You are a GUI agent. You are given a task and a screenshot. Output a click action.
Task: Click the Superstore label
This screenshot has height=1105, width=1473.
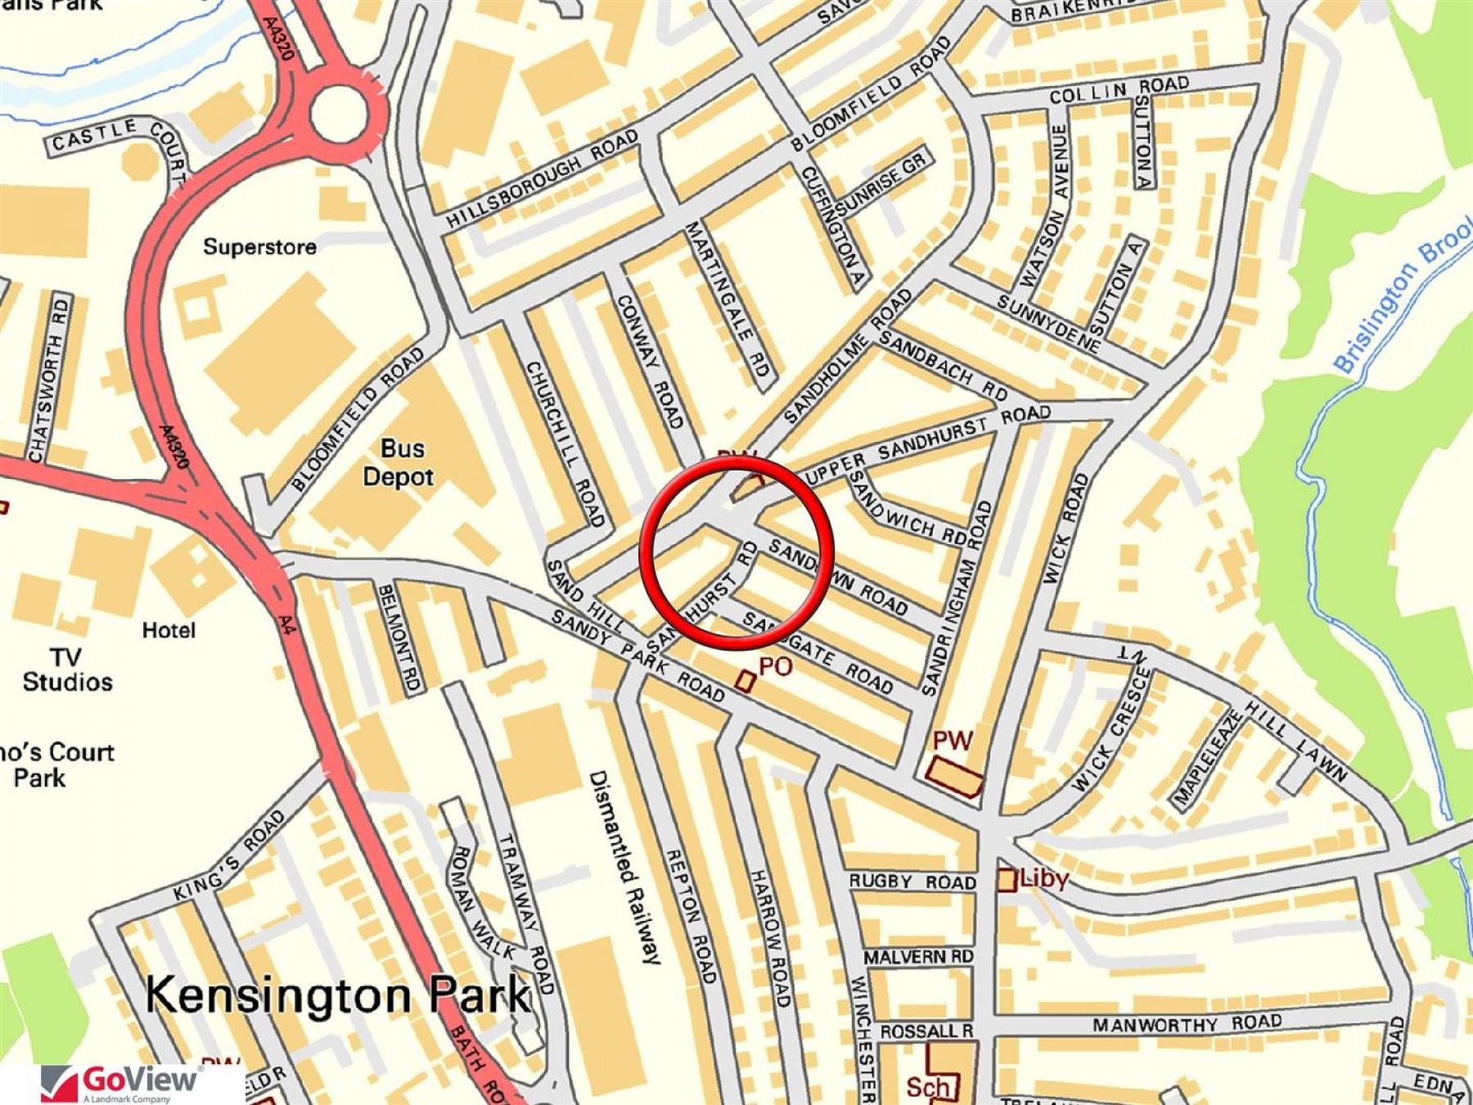tap(259, 246)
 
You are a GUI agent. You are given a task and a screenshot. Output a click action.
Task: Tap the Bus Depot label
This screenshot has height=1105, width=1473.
tap(399, 462)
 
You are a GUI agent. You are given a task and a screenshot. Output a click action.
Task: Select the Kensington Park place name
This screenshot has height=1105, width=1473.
tap(337, 995)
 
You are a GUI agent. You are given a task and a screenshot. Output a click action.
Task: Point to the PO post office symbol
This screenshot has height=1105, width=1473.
tap(745, 680)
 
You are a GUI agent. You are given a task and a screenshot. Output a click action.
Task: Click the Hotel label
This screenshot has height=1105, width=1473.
tap(169, 630)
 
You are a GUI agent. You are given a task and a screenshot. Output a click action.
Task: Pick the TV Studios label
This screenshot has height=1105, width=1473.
tap(67, 670)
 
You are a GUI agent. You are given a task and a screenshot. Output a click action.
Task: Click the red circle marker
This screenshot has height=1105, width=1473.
tap(736, 553)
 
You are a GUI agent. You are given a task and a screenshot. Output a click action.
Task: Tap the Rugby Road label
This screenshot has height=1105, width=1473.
tap(912, 882)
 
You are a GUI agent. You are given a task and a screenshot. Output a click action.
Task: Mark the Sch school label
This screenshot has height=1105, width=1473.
tap(929, 1086)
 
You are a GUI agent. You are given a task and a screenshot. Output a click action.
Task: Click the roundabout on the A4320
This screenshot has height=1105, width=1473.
tap(338, 115)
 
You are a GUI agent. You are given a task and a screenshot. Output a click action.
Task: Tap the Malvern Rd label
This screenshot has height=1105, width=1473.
tap(917, 957)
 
